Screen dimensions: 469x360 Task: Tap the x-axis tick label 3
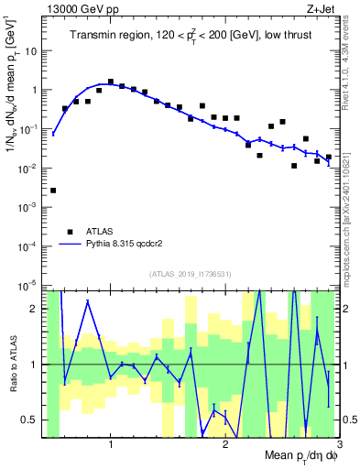click(340, 444)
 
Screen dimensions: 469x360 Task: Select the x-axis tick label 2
click(225, 444)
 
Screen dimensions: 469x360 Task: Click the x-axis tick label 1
click(111, 444)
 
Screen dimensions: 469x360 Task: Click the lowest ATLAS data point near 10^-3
click(53, 191)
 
